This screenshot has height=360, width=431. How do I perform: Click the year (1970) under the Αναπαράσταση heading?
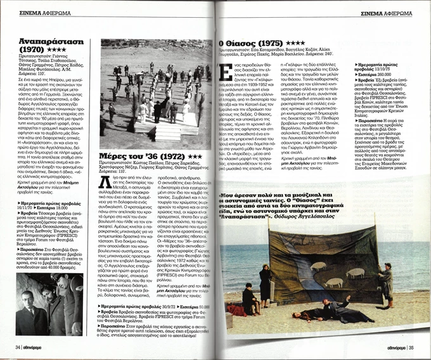[32, 48]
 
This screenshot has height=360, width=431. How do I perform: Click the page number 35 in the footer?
[411, 347]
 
